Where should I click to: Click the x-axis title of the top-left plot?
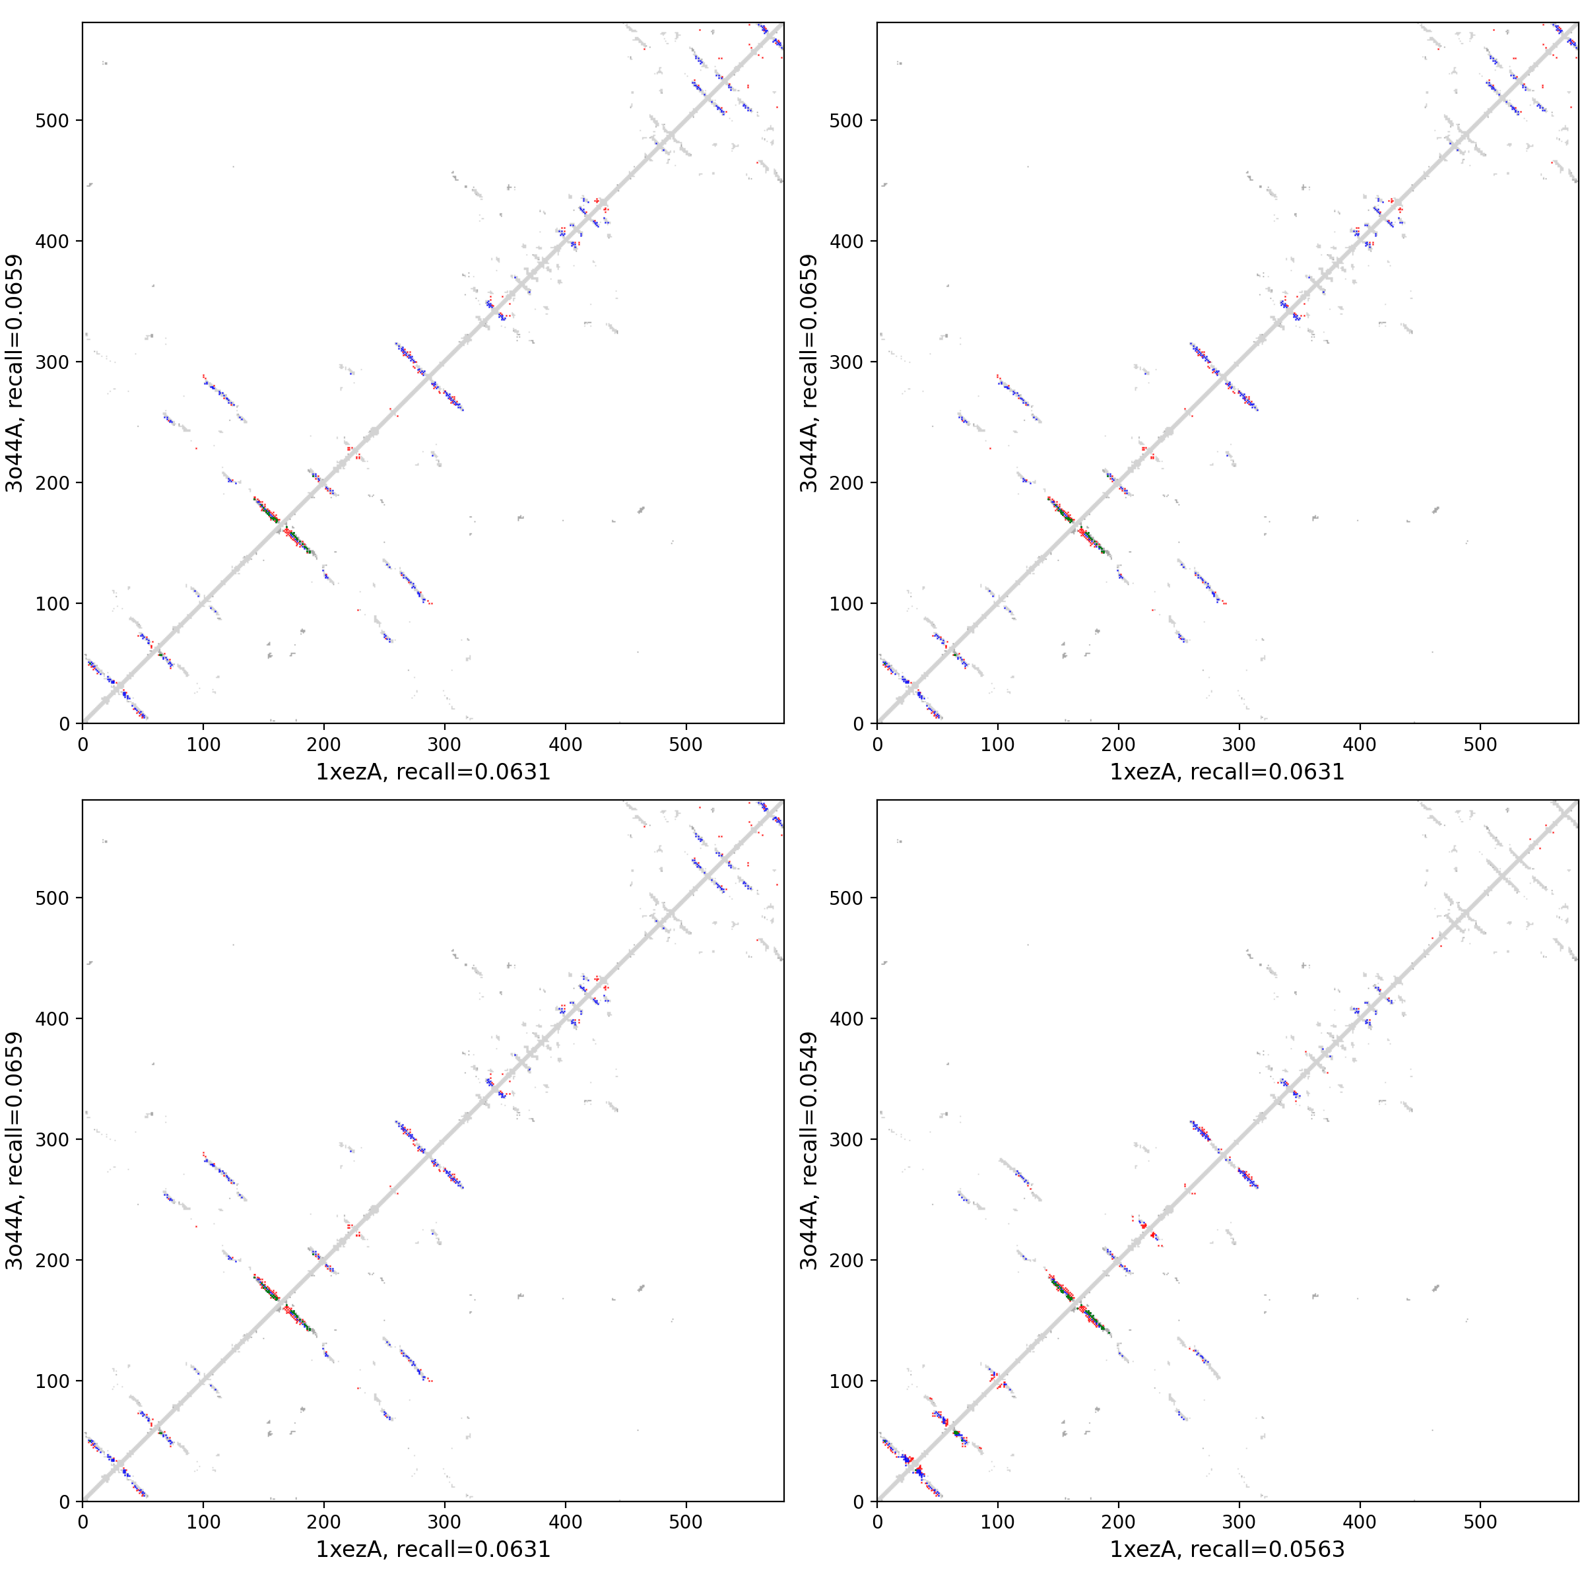(433, 772)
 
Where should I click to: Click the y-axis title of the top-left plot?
(14, 373)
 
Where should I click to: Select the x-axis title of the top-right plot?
(1228, 772)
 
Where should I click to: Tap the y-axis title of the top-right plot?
(809, 373)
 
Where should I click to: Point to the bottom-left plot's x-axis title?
(433, 1549)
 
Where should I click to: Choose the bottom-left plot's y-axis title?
(14, 1150)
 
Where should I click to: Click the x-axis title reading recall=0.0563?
(1228, 1549)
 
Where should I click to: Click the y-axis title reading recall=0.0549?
(809, 1150)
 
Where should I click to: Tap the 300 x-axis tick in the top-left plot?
(444, 744)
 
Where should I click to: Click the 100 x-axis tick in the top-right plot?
(998, 744)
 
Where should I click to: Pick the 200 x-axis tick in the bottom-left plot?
(324, 1523)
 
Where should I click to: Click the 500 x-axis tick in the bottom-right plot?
(1480, 1523)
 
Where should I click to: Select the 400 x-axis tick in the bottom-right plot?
(1360, 1523)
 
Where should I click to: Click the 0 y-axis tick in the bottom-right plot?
(859, 1501)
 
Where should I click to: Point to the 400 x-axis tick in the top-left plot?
(566, 744)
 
